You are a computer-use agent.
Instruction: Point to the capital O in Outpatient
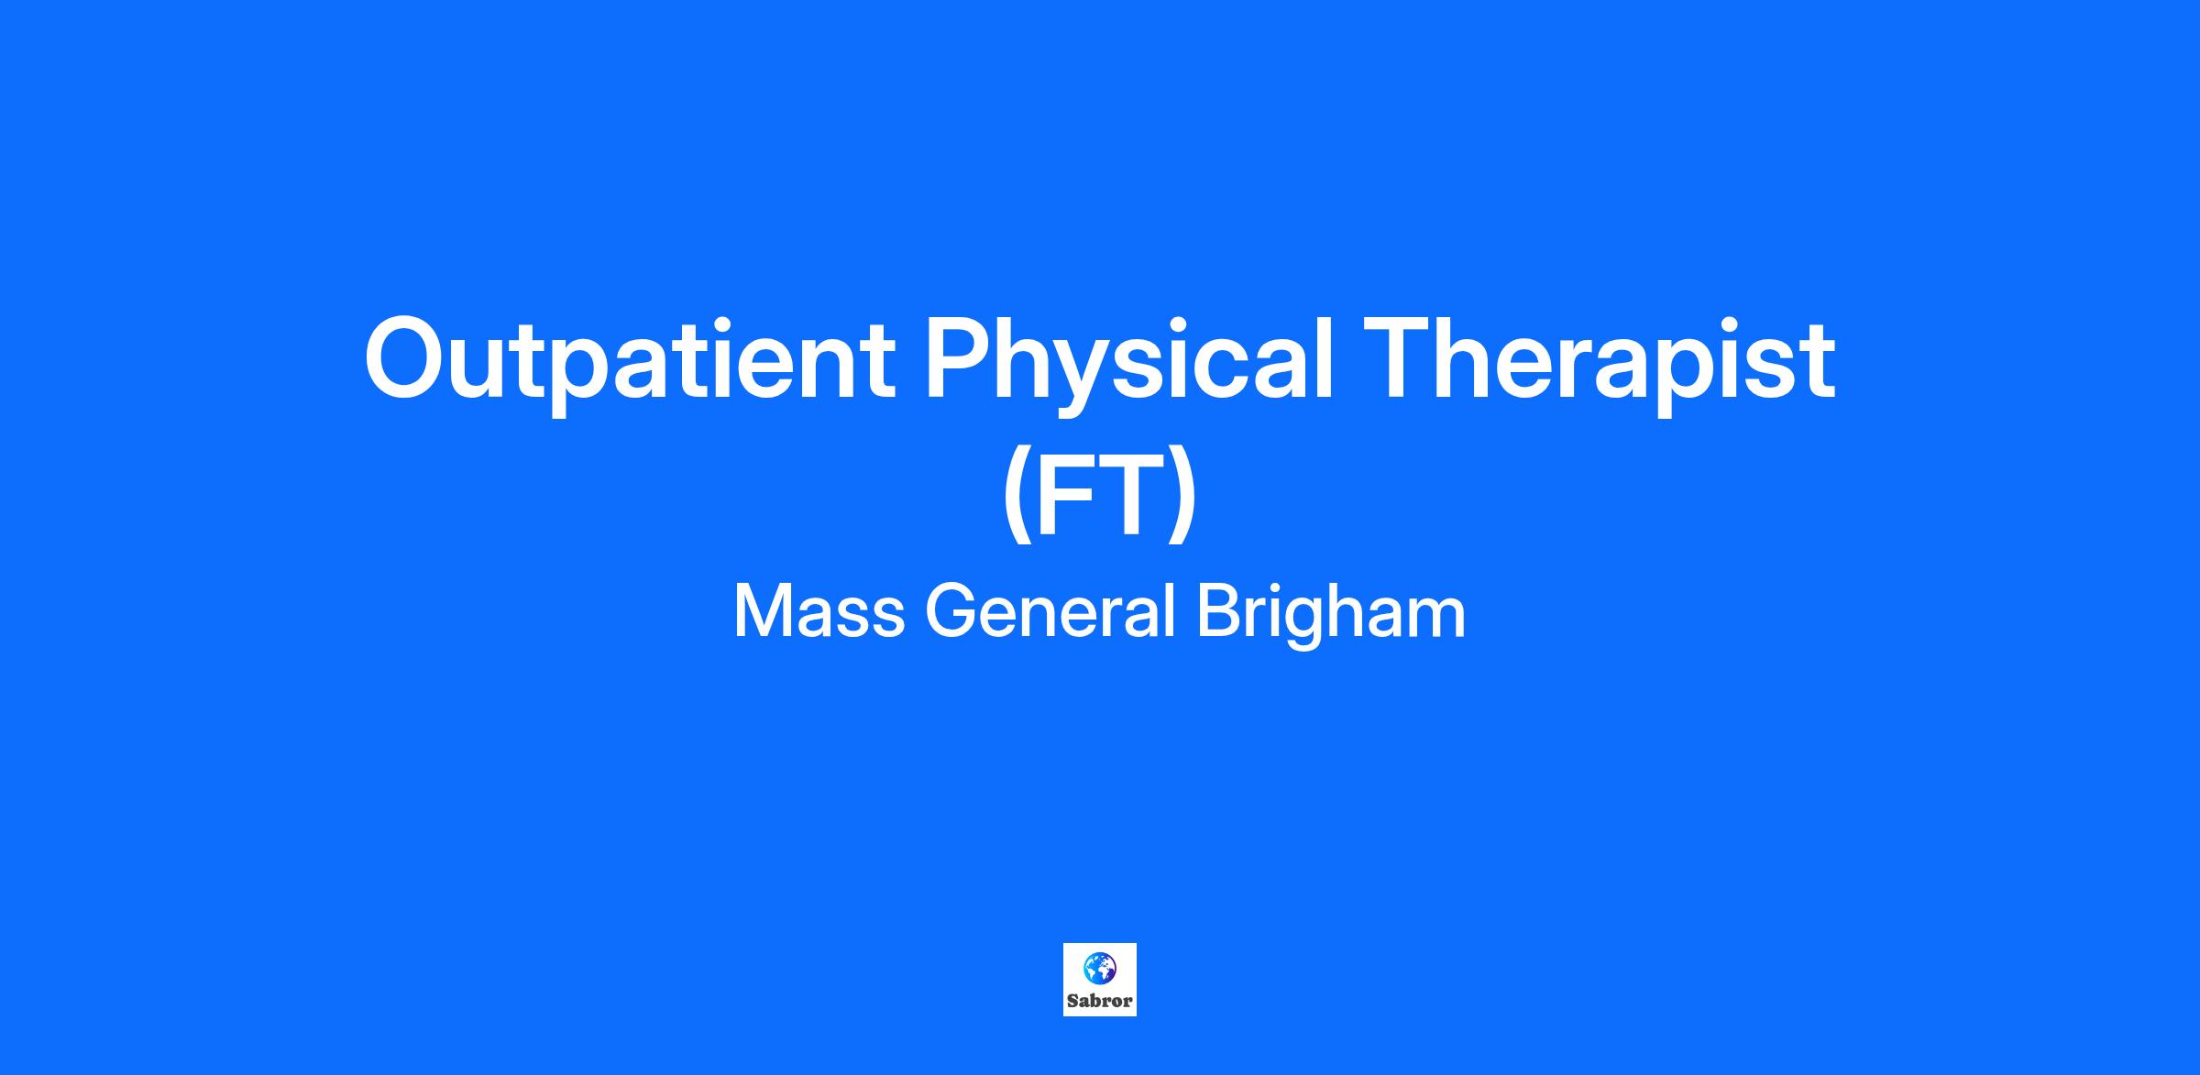click(409, 358)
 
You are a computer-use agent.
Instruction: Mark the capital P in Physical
click(961, 357)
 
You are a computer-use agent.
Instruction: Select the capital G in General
click(951, 611)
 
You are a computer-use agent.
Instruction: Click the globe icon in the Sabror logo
click(1099, 968)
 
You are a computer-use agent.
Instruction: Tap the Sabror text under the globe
click(1100, 1002)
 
